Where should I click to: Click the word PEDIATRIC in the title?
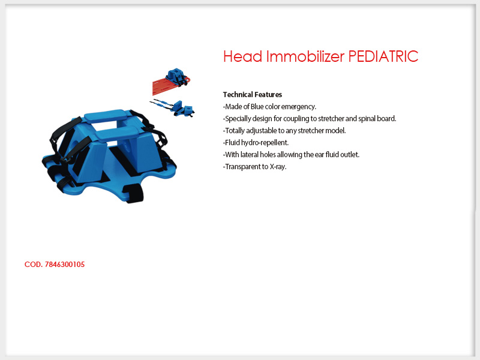tap(383, 56)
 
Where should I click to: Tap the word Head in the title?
tap(243, 56)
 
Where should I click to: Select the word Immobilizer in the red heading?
tap(305, 56)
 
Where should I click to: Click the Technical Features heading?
tap(253, 95)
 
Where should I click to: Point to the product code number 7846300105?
tap(65, 265)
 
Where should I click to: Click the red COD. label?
tap(34, 265)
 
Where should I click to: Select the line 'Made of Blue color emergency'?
tap(269, 107)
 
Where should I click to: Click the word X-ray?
tap(278, 167)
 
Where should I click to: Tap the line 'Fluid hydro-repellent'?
tap(256, 143)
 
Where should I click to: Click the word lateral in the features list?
tap(250, 155)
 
